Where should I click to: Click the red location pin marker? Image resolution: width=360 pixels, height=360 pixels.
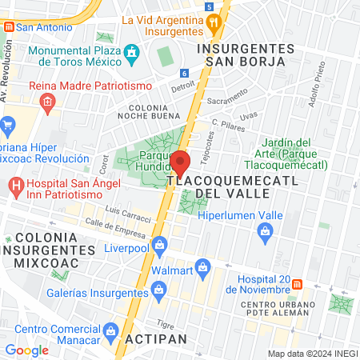coord(180,164)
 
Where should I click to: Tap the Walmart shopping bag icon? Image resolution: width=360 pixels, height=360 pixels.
coord(202,266)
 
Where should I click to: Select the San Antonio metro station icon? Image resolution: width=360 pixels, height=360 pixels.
coord(9,26)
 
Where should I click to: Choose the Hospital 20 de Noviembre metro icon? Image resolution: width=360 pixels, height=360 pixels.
coord(298,284)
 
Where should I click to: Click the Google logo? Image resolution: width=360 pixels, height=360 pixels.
coord(26,350)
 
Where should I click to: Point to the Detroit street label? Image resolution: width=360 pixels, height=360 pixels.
coord(183,86)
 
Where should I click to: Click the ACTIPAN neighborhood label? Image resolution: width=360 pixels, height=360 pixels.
coord(156,339)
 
